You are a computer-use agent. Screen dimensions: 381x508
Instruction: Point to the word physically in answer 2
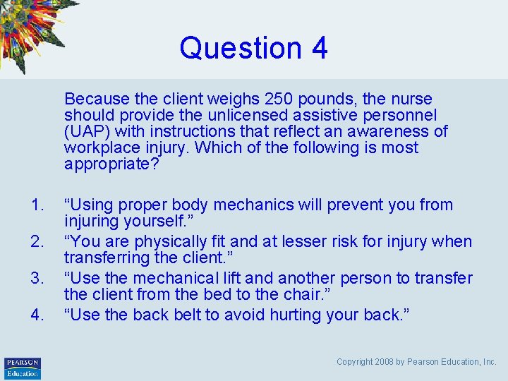pyautogui.click(x=182, y=241)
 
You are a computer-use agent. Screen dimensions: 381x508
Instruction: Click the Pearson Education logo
pyautogui.click(x=23, y=368)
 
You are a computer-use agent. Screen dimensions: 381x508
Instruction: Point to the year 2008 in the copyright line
pyautogui.click(x=391, y=362)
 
